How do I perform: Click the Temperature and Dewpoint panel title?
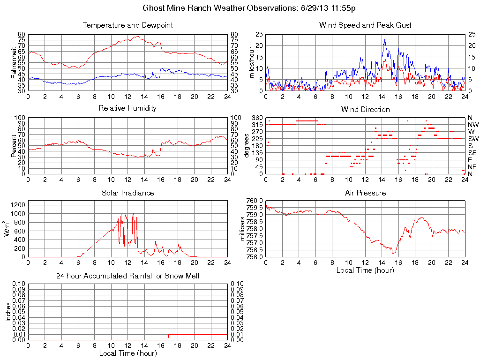127,25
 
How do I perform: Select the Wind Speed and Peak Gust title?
365,25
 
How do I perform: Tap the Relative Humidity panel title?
127,108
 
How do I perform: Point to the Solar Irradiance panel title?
127,193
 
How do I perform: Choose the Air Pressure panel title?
365,193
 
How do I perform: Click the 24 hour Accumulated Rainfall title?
127,276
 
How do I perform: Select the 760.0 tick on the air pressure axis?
255,201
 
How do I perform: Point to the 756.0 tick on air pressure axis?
255,257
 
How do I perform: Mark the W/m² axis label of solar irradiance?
7,228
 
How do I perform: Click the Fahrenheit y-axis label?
14,62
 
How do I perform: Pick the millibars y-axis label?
242,229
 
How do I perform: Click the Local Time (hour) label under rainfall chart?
127,353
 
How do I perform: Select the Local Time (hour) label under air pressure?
365,270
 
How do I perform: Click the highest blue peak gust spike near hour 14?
384,39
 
